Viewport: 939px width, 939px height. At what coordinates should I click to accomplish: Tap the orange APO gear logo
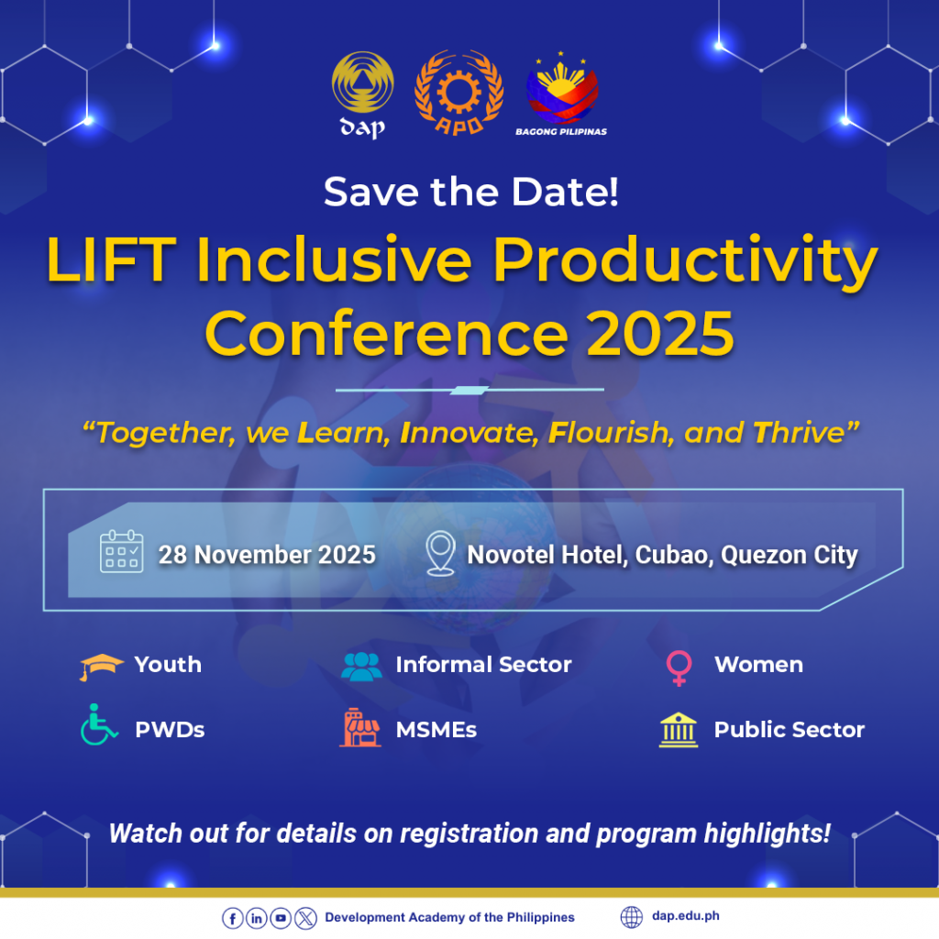(x=458, y=93)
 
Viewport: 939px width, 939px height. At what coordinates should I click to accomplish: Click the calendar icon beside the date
(x=122, y=551)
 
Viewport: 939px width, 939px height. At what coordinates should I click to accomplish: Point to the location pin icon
(x=440, y=554)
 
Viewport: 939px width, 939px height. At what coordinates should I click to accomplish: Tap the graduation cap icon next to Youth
(x=101, y=667)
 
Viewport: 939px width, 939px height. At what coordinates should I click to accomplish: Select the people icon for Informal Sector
(x=361, y=666)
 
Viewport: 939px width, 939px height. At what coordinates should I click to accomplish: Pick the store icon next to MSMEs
(x=359, y=727)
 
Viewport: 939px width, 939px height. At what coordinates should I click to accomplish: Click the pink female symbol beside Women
(x=679, y=668)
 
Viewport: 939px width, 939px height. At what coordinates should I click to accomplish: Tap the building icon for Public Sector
(x=679, y=730)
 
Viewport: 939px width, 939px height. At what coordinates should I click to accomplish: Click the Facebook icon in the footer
(x=232, y=918)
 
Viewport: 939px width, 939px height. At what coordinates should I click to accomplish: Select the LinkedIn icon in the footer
(x=257, y=918)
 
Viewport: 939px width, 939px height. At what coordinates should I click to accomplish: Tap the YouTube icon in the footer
(x=281, y=918)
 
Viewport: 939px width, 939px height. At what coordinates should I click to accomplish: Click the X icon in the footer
(x=305, y=918)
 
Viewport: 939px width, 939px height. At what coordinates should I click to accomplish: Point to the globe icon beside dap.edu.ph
(x=631, y=917)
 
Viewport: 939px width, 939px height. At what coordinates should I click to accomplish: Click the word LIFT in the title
(x=112, y=260)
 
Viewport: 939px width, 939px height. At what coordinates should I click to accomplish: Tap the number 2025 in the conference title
(x=660, y=334)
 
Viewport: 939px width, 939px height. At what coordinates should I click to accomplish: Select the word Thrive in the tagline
(x=799, y=433)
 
